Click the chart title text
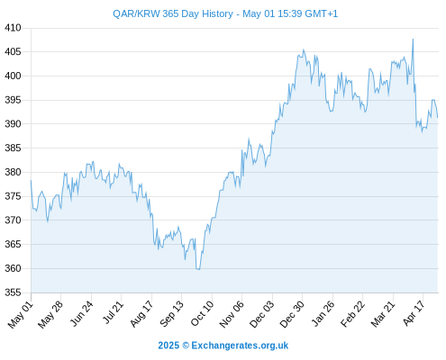pos(225,13)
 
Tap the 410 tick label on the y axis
pos(13,28)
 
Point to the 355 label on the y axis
pos(13,292)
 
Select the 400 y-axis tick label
pos(13,76)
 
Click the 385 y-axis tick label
pos(13,148)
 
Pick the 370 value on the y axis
pos(13,220)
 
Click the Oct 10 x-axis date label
pos(202,313)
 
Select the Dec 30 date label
pos(292,314)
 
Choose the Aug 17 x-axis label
pos(141,314)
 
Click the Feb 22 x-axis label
pos(353,314)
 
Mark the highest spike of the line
pos(413,39)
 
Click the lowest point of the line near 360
pos(199,269)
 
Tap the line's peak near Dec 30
pos(304,49)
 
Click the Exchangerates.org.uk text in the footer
pos(240,346)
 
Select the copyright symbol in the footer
pos(186,346)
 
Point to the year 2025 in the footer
pos(168,346)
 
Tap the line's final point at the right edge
pos(438,117)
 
